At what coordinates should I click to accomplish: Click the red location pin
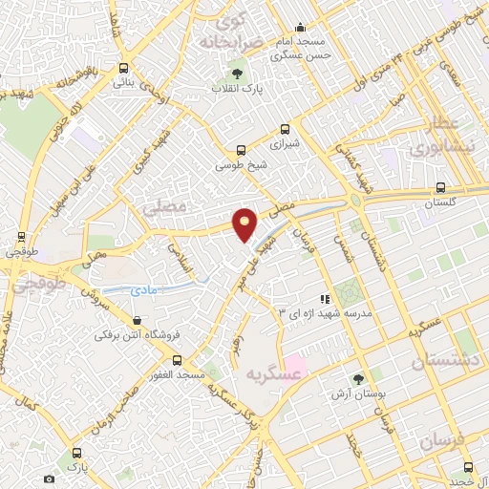click(245, 223)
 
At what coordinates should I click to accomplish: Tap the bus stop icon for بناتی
click(123, 68)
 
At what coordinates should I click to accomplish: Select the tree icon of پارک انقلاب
click(237, 74)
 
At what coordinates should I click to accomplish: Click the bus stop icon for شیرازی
click(284, 130)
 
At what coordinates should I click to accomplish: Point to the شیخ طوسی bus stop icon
click(241, 150)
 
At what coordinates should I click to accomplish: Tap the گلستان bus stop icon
click(439, 187)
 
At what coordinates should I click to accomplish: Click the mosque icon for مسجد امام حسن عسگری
click(300, 28)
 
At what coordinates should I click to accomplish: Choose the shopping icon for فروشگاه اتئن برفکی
click(139, 320)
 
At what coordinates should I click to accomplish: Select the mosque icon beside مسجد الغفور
click(208, 359)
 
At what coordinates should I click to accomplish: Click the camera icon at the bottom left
click(49, 478)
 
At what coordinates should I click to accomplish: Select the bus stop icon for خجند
click(467, 467)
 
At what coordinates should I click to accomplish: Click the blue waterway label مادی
click(148, 285)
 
